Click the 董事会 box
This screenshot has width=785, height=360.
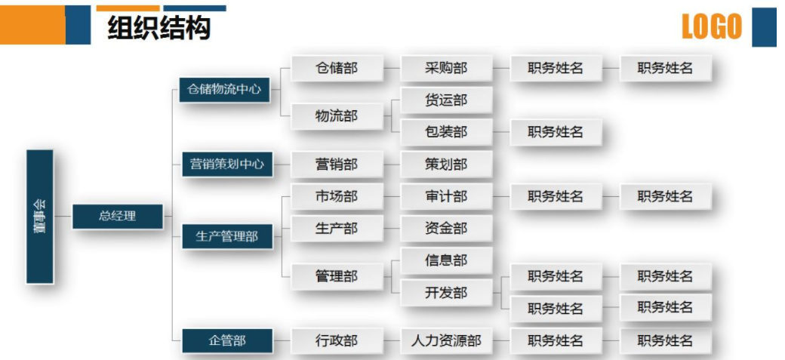point(40,217)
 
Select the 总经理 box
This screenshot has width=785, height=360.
point(117,217)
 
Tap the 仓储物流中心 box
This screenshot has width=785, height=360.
point(224,89)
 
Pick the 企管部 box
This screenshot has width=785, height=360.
point(226,340)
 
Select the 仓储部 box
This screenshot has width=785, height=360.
point(337,68)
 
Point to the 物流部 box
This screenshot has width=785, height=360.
point(337,116)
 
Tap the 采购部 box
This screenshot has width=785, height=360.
point(446,68)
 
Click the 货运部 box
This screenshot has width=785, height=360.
point(446,100)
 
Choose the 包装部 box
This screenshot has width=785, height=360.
point(446,132)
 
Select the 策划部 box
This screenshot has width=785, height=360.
point(446,164)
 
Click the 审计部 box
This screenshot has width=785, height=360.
point(446,196)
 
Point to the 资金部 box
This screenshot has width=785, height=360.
point(446,228)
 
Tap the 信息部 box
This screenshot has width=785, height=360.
point(446,260)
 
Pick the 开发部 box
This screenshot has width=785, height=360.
point(446,293)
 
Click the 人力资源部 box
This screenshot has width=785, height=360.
point(446,340)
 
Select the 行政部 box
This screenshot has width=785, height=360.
point(337,340)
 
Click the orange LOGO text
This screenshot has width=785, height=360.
point(711,27)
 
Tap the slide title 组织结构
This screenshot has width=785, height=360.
point(159,28)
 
